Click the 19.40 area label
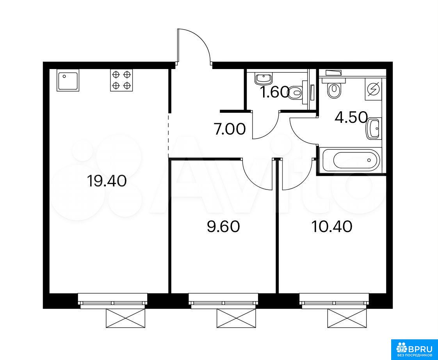107,181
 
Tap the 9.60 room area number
223,227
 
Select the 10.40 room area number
332,227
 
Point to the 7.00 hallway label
230,129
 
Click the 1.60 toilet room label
274,92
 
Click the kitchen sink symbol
68,80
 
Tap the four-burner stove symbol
121,80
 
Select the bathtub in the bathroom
351,160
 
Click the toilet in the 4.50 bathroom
333,88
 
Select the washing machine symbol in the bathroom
373,89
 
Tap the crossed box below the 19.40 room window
126,318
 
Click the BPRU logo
415,349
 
